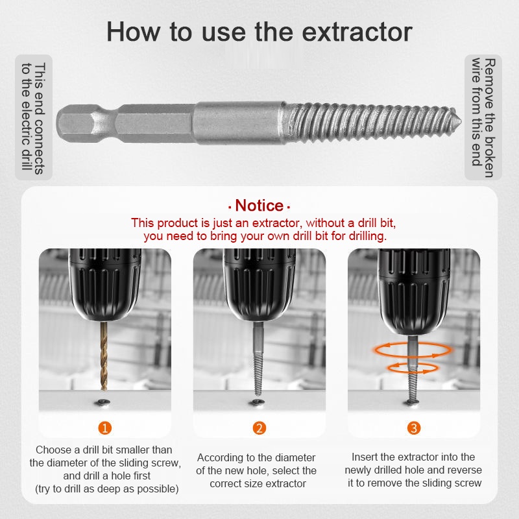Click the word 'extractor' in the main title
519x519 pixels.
click(357, 32)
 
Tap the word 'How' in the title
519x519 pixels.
click(133, 31)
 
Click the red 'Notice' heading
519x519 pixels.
click(259, 206)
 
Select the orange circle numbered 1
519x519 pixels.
click(104, 428)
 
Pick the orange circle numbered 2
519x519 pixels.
click(259, 428)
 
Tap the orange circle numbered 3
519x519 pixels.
click(414, 428)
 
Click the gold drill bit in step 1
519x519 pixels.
click(104, 356)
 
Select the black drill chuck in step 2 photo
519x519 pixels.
click(259, 285)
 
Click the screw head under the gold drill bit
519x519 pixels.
click(103, 402)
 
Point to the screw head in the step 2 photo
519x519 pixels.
click(257, 402)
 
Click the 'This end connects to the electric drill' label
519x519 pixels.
click(34, 117)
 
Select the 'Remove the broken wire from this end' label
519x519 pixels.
click(483, 117)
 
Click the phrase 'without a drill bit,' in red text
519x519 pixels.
click(351, 223)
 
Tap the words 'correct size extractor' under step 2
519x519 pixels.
click(258, 483)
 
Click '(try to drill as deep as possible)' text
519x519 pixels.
click(106, 489)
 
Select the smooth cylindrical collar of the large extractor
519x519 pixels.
click(238, 123)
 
